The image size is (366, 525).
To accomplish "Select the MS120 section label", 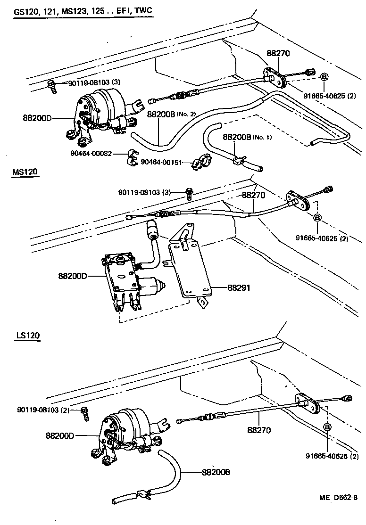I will tap(25, 172).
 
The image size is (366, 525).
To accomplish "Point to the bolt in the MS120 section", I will tap(190, 193).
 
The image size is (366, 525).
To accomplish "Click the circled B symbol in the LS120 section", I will tap(326, 427).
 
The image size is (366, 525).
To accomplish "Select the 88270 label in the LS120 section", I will tap(258, 430).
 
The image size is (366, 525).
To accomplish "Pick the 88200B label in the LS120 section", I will tap(216, 472).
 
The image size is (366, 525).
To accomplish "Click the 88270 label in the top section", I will tap(278, 54).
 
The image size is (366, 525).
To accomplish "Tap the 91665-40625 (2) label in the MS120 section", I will tap(322, 238).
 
